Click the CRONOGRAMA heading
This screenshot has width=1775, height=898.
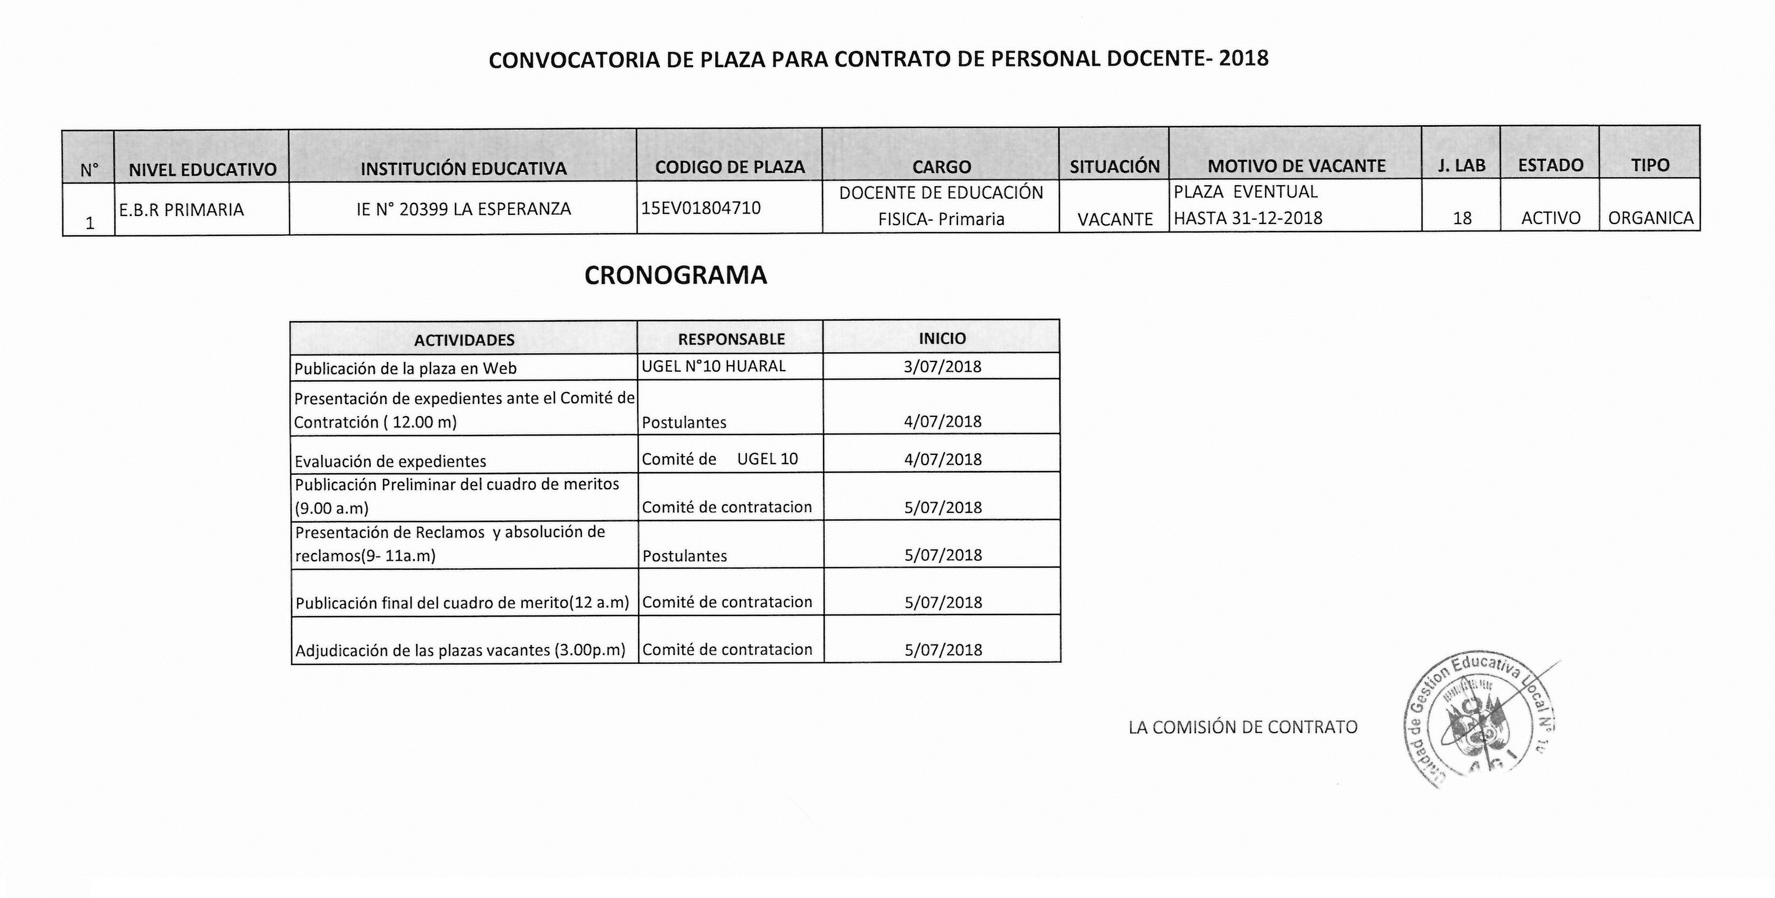pos(675,276)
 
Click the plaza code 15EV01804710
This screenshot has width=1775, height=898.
pos(701,207)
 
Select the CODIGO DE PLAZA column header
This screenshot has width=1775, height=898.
pos(730,168)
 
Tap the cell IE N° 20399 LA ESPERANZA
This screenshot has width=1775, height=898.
pos(464,209)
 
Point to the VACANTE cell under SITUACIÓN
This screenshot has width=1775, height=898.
pos(1115,219)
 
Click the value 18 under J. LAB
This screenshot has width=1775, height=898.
pos(1461,218)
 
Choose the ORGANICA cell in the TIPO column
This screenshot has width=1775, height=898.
pos(1650,218)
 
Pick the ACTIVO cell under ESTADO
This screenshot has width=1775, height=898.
pos(1550,218)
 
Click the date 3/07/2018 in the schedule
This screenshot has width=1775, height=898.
pos(942,366)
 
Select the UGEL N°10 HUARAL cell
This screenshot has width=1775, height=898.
pos(713,366)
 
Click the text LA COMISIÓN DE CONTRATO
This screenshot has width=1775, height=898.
pos(1243,727)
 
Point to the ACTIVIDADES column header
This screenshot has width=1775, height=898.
pos(464,340)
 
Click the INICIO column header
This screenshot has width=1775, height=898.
pos(942,339)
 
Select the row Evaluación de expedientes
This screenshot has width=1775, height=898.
pos(390,461)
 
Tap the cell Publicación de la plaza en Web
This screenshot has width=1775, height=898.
pos(405,368)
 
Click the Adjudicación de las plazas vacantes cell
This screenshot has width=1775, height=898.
pos(460,650)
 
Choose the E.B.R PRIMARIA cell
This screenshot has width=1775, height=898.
pos(181,209)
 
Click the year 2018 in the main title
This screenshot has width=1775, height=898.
pos(1243,59)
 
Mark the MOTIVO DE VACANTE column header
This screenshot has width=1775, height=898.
pos(1296,166)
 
